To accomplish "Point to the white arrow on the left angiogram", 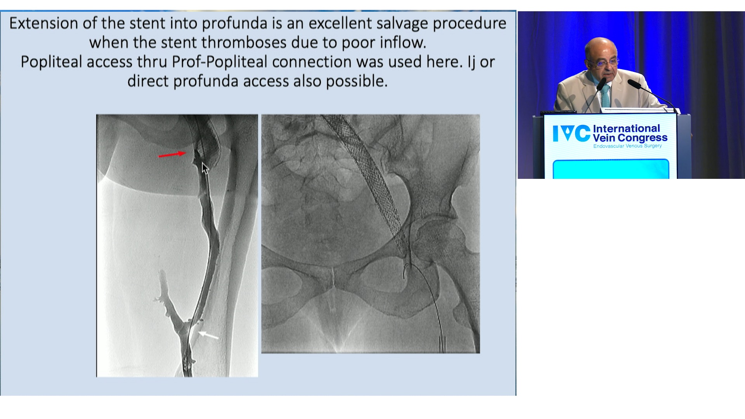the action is (x=208, y=335).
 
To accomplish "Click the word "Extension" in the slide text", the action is (x=44, y=23).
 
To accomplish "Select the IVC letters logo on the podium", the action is (x=571, y=133).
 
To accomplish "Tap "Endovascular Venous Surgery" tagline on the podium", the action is (x=627, y=146).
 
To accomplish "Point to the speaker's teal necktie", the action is (x=605, y=96).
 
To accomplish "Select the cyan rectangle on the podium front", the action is (x=611, y=169).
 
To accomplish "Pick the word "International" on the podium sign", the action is (x=626, y=128).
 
